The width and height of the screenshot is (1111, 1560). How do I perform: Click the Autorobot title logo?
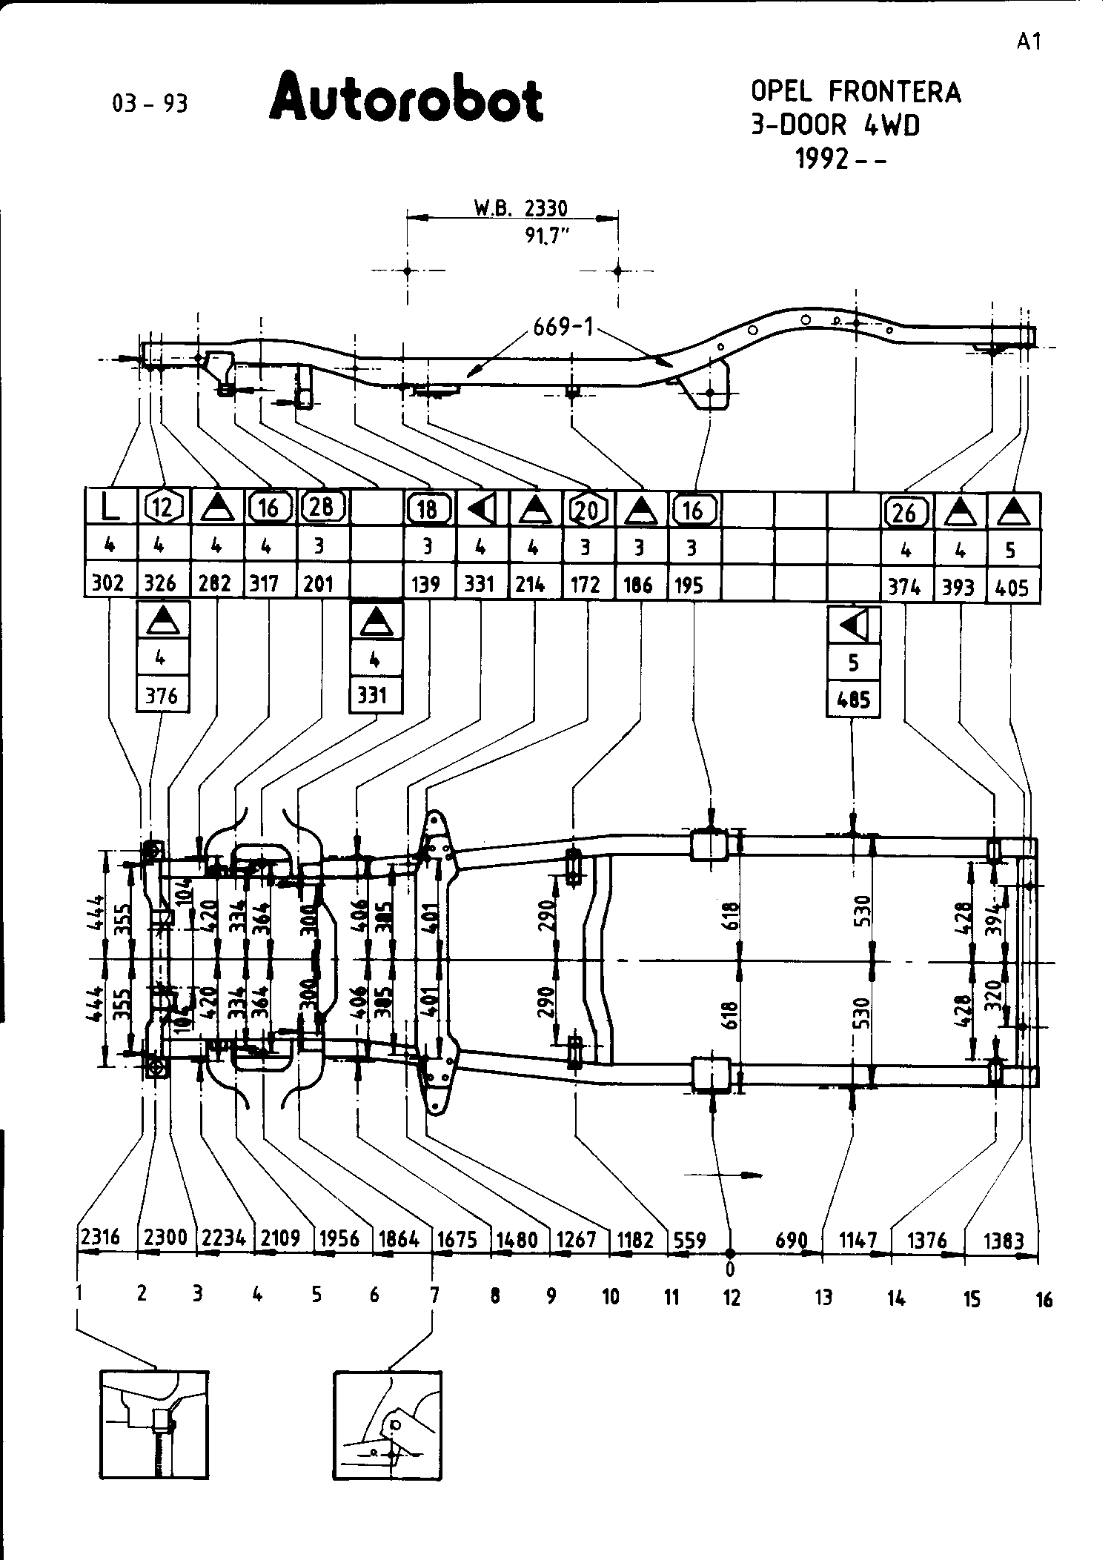(x=406, y=97)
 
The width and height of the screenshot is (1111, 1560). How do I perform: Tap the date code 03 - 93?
(x=150, y=104)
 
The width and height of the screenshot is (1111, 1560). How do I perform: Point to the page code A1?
(x=1029, y=42)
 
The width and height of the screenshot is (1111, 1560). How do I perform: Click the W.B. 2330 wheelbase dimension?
(x=520, y=208)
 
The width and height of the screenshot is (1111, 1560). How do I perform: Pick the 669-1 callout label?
(x=563, y=327)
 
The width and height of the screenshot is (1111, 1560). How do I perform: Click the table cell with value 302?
(x=108, y=584)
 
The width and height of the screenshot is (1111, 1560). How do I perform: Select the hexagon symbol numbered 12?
(x=162, y=508)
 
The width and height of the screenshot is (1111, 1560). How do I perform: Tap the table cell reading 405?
(x=1012, y=587)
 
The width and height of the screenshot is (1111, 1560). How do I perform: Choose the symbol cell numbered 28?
(x=322, y=508)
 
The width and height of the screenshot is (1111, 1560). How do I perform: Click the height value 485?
(x=853, y=700)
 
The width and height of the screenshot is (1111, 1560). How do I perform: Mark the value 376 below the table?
(x=162, y=696)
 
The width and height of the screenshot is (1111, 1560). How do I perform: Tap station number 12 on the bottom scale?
(x=732, y=1297)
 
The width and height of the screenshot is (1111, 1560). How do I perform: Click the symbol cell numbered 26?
(x=906, y=511)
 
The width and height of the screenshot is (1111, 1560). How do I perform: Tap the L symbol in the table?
(x=110, y=508)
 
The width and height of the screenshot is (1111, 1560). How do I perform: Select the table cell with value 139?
(x=428, y=584)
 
